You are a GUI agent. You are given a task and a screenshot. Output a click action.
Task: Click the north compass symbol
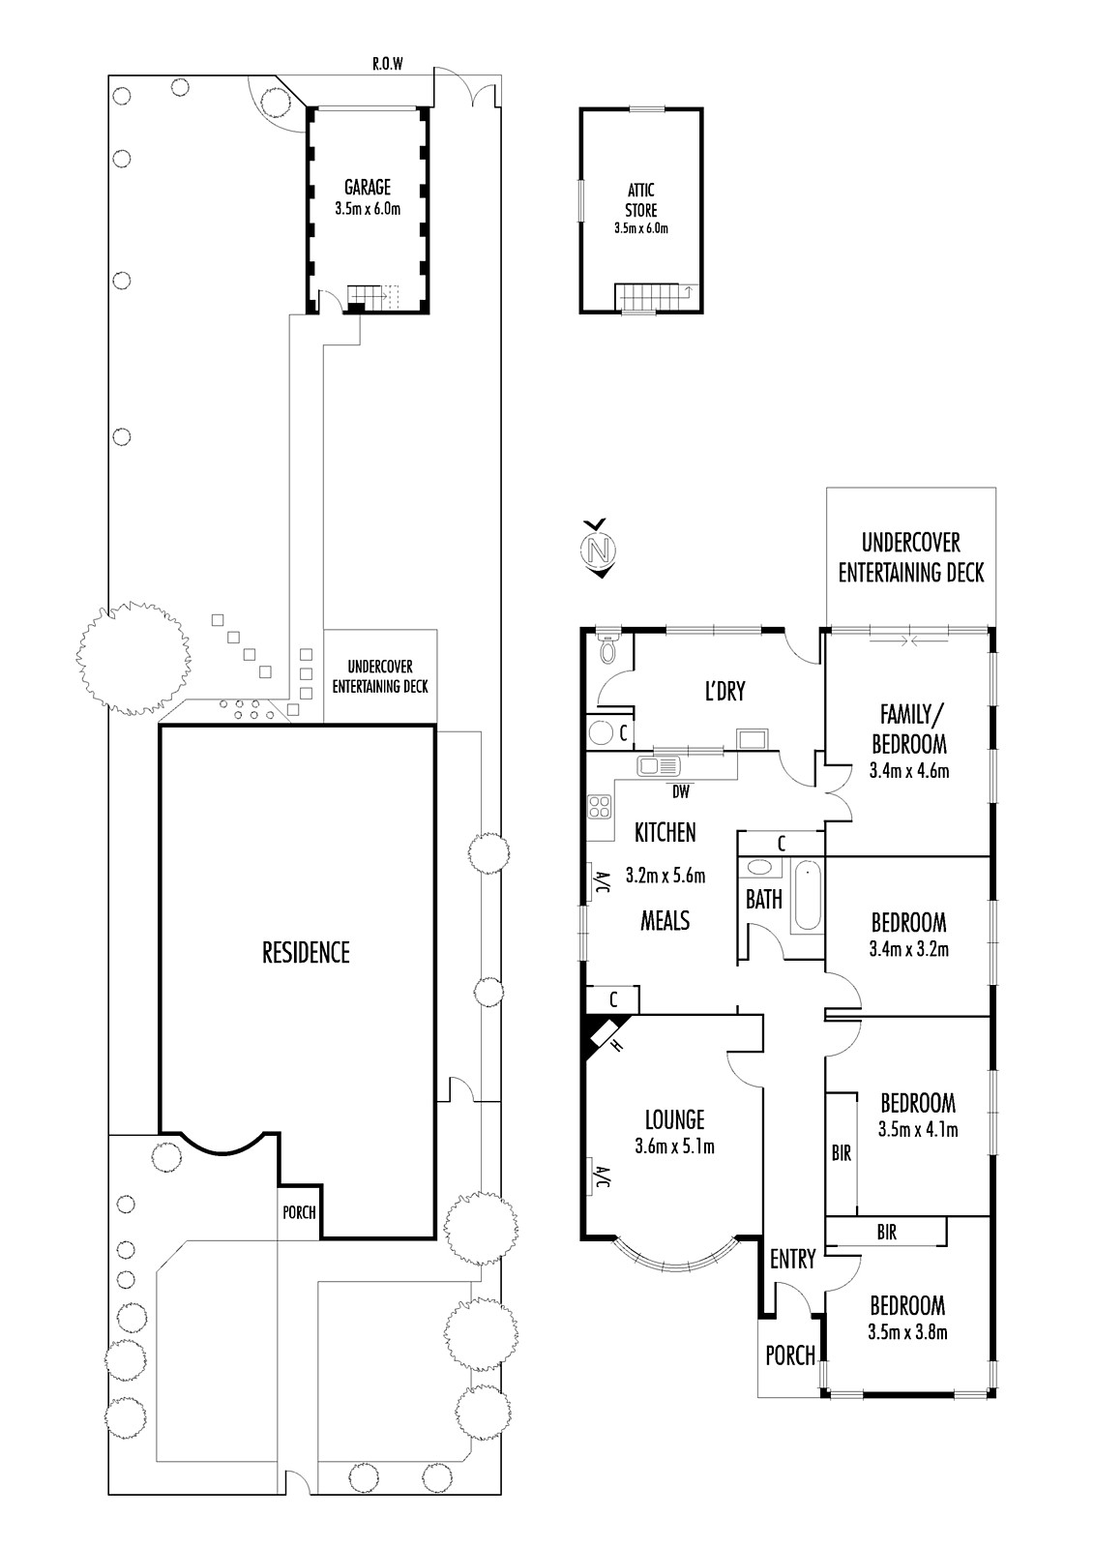point(599,548)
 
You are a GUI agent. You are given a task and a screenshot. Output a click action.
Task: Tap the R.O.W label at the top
point(387,64)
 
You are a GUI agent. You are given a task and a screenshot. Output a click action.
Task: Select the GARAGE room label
point(368,187)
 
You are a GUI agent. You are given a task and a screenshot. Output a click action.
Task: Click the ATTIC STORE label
point(641,199)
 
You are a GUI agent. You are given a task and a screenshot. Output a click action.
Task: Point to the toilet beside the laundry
point(607,646)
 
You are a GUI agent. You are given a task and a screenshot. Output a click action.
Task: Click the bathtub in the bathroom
point(807,896)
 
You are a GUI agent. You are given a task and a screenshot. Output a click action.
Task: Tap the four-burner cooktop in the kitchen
point(599,807)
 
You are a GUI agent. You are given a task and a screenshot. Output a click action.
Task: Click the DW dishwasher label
point(681,792)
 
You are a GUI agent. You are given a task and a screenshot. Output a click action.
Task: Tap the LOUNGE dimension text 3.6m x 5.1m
point(674,1146)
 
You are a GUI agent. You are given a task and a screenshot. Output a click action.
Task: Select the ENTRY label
point(792,1259)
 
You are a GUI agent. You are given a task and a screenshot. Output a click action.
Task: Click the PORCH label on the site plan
point(299,1212)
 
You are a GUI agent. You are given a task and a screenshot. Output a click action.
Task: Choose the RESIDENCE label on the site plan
point(306,952)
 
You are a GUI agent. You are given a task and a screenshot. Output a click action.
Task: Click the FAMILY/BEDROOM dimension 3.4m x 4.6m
point(909,770)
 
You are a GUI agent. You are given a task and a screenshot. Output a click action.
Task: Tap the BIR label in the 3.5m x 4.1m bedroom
point(842,1152)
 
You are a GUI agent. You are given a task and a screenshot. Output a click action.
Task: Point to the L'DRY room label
point(724,691)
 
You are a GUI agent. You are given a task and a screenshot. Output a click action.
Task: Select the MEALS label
point(665,920)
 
